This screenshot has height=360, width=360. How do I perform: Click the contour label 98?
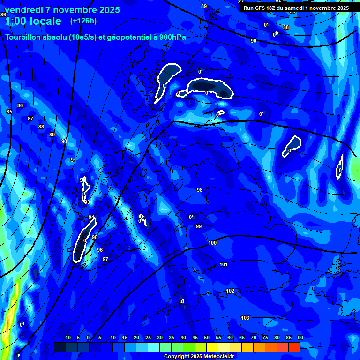200,190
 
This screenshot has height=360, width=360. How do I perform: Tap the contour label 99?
199,226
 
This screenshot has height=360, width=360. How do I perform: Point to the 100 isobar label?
212,243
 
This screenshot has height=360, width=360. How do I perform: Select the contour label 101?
224,265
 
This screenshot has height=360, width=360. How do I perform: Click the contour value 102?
230,291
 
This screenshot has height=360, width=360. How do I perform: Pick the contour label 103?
245,318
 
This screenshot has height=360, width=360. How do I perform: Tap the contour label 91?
73,160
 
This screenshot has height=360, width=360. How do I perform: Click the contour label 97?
105,259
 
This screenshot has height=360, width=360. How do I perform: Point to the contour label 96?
100,250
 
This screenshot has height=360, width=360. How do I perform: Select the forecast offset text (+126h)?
83,21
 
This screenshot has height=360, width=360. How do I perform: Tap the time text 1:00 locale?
33,22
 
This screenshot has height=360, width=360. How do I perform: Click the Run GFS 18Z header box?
296,8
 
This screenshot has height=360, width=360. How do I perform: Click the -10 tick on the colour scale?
67,338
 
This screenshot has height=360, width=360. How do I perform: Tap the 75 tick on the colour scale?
265,338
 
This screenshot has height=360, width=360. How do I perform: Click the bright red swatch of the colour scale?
294,347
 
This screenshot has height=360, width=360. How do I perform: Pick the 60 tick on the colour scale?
230,338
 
